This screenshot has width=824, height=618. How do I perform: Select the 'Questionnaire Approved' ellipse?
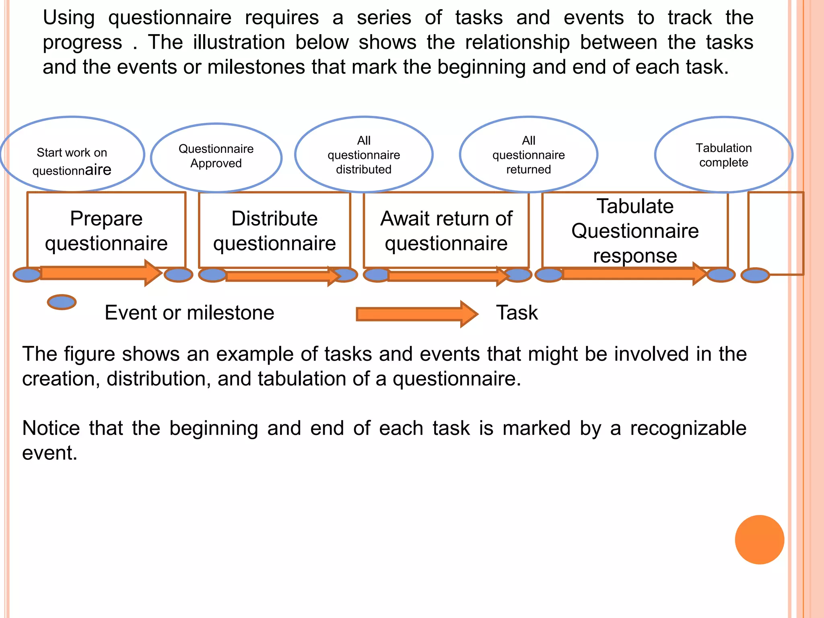216,157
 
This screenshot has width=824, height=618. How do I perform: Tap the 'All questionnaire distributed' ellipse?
364,154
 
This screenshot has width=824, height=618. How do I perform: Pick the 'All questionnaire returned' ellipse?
528,154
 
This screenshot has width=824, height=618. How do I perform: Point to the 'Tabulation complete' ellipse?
723,155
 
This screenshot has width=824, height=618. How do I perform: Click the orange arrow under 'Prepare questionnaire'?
101,273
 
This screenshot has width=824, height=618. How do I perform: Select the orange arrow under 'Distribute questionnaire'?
282,276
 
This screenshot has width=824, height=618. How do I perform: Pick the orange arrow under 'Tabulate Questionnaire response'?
632,274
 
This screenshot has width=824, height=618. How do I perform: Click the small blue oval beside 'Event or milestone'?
62,302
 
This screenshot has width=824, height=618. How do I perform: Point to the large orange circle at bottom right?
759,540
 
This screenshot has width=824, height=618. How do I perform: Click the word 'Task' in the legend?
517,313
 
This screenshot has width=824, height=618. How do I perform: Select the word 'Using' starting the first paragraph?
69,18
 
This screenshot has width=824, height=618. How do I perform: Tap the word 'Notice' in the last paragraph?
51,428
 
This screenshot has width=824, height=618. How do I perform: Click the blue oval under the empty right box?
755,276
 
